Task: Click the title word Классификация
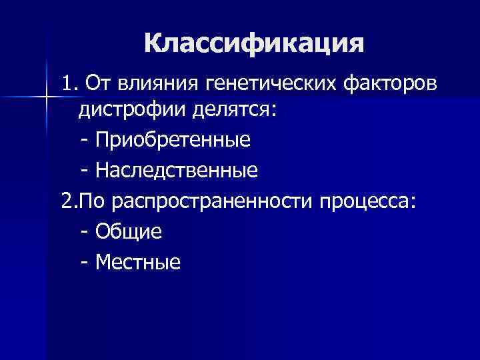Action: [x=254, y=44]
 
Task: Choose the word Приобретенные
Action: [x=173, y=140]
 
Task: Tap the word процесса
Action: [x=365, y=201]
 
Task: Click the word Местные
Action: [x=138, y=263]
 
